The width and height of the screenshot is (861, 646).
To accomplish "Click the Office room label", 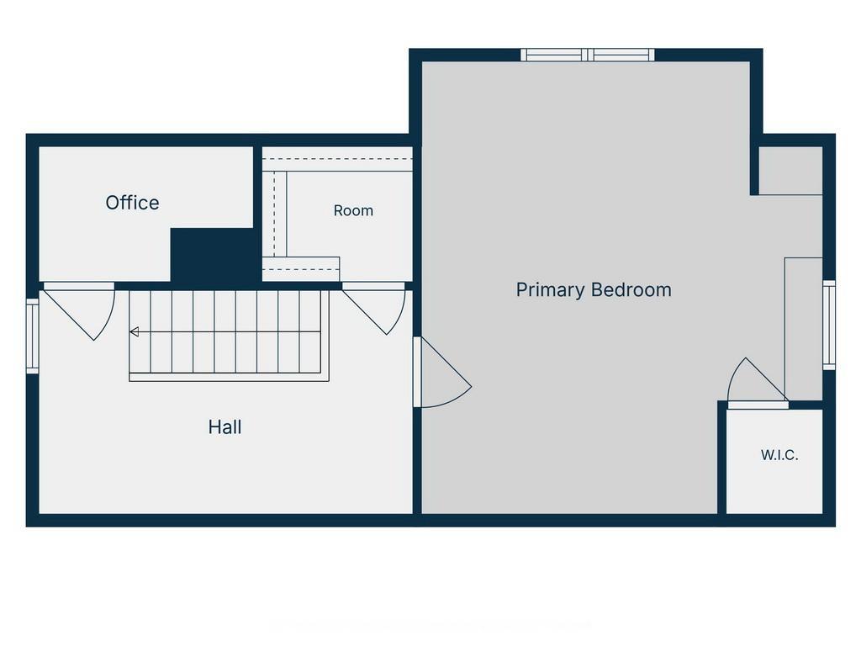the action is pos(132,203).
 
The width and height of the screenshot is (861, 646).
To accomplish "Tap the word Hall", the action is pos(224,426).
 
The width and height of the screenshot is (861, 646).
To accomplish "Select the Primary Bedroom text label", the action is pos(594,290).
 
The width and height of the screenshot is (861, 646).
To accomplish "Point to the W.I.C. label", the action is pos(779,455).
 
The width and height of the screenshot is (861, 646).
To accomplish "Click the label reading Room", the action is pos(353,210).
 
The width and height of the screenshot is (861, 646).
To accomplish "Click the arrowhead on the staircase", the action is pos(134,331).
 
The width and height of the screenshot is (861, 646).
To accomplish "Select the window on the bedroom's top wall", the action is pos(588,55).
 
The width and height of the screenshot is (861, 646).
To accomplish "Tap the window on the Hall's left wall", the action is pos(33,336).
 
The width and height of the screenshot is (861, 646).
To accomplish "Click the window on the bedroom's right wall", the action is pos(828,326).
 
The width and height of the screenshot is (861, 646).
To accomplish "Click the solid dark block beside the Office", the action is pos(213,256).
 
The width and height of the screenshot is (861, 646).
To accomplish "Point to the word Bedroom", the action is pos(632,289).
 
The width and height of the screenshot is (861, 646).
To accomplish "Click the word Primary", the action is pos(551,290).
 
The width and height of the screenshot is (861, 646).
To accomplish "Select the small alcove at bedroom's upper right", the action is pos(790,170).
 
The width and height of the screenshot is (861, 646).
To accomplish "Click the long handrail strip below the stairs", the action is pos(229,377).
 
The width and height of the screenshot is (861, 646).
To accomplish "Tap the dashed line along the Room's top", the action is pos(337,159).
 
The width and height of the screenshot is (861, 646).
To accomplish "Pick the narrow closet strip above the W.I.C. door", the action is pos(803,329).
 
